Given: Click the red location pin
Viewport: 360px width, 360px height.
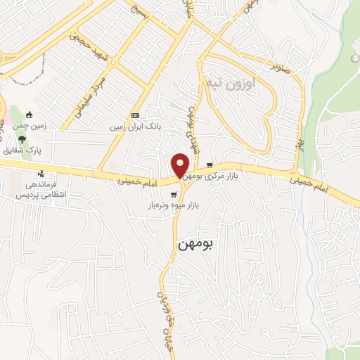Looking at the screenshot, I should point(181,165).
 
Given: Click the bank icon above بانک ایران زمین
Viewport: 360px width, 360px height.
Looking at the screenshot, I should point(135,116).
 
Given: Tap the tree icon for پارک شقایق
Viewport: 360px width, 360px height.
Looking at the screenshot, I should point(22,139).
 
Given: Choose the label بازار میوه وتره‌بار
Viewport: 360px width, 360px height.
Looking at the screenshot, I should point(167,205).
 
